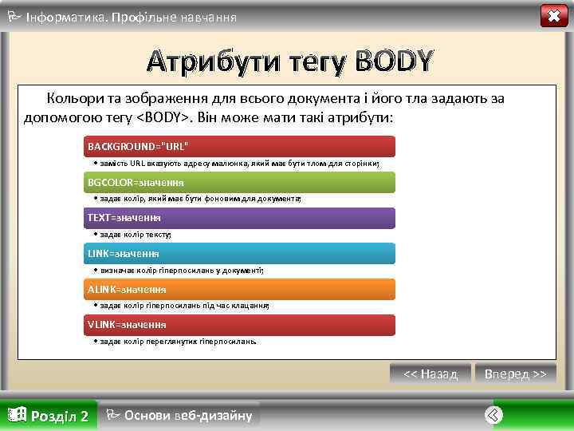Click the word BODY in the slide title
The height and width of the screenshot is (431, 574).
[x=395, y=60]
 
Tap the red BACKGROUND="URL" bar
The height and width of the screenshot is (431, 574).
[x=239, y=146]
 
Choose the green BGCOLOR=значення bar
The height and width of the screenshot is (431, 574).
[x=239, y=182]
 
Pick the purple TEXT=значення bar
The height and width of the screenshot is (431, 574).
[x=239, y=217]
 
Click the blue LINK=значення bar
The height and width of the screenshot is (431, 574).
[x=239, y=253]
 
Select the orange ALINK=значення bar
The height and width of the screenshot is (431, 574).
[x=239, y=289]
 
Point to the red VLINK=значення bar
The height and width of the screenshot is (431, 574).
[x=239, y=324]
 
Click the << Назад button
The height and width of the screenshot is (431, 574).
[x=431, y=374]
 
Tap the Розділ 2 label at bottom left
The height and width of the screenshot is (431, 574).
[x=49, y=415]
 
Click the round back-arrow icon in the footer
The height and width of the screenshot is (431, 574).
[x=494, y=414]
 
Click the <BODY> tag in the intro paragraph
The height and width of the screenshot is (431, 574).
[x=163, y=117]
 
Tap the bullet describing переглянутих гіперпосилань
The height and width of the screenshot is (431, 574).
[x=176, y=341]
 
